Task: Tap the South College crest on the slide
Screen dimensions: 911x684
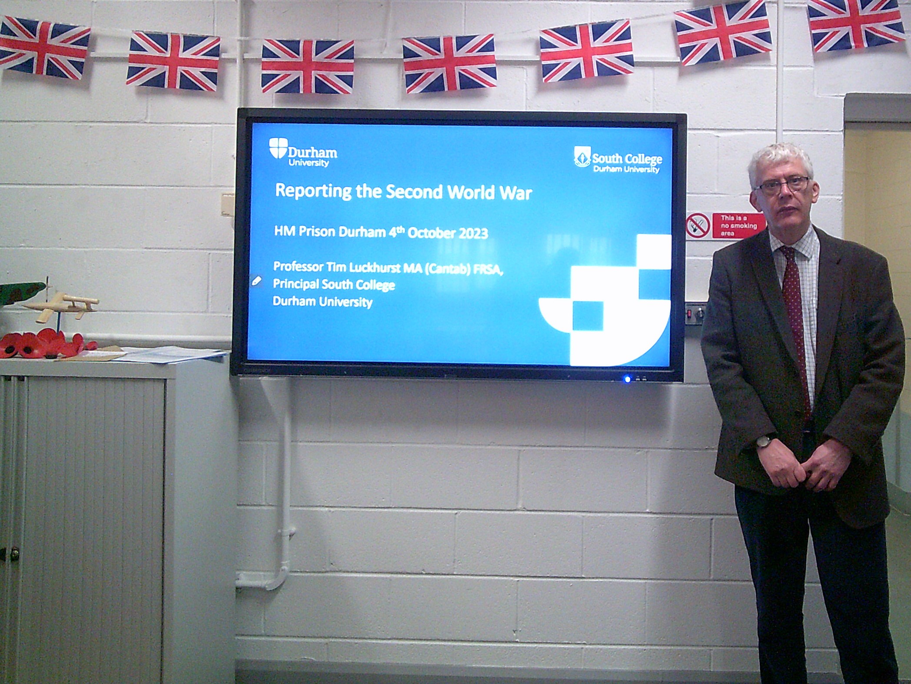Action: click(x=582, y=157)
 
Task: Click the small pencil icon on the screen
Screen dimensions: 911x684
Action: click(x=256, y=281)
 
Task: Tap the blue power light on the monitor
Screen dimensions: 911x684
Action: click(x=627, y=379)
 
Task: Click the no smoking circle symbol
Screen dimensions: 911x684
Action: click(x=698, y=225)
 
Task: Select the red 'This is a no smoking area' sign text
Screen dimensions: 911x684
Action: click(x=738, y=225)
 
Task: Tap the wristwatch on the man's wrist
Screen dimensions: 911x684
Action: click(x=763, y=442)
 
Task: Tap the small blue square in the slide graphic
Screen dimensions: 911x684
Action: click(x=588, y=316)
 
